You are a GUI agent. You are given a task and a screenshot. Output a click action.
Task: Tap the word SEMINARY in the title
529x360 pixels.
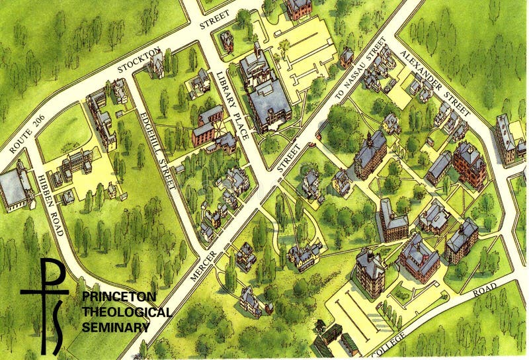[115, 326]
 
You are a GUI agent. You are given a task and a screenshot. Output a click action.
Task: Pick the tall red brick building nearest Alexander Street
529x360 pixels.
[469, 162]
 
